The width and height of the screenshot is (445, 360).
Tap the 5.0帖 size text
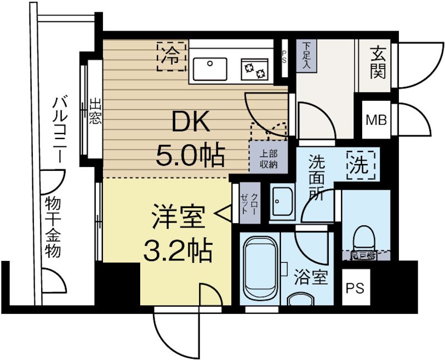coord(190,155)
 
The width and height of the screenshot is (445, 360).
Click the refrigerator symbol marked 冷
coord(171,56)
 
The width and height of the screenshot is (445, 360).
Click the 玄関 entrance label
coord(378,62)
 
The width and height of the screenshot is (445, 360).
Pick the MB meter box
coord(376,120)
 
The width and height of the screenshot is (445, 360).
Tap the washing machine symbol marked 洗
coord(360,165)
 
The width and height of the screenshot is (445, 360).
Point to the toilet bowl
coord(365,238)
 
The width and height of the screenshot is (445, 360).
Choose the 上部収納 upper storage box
coord(269,160)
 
